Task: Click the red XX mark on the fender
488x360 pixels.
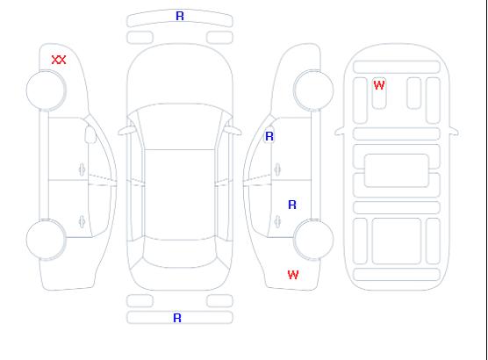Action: pos(59,60)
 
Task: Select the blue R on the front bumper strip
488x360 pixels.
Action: pos(180,16)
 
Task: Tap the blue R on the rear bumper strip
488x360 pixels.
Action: pos(177,318)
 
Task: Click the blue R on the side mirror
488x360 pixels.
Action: pos(269,136)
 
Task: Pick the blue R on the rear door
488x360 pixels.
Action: pos(292,205)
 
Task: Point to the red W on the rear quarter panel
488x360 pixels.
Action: pos(293,275)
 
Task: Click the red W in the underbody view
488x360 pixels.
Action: pos(379,85)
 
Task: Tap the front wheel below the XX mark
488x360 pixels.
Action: pos(46,90)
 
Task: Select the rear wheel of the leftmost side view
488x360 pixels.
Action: pos(46,240)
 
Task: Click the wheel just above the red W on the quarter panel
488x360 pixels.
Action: pos(313,240)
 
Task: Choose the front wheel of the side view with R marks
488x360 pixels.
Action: pos(313,90)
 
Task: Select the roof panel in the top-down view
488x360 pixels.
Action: pos(180,195)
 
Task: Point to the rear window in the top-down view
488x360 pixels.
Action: pos(180,253)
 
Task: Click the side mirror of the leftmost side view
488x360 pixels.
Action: pos(90,134)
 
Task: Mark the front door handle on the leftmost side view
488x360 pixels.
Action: pos(82,169)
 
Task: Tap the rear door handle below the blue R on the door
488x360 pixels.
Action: pos(277,222)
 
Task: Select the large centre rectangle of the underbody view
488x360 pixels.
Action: pos(396,170)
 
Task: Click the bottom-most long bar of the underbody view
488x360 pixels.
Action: pos(397,274)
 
